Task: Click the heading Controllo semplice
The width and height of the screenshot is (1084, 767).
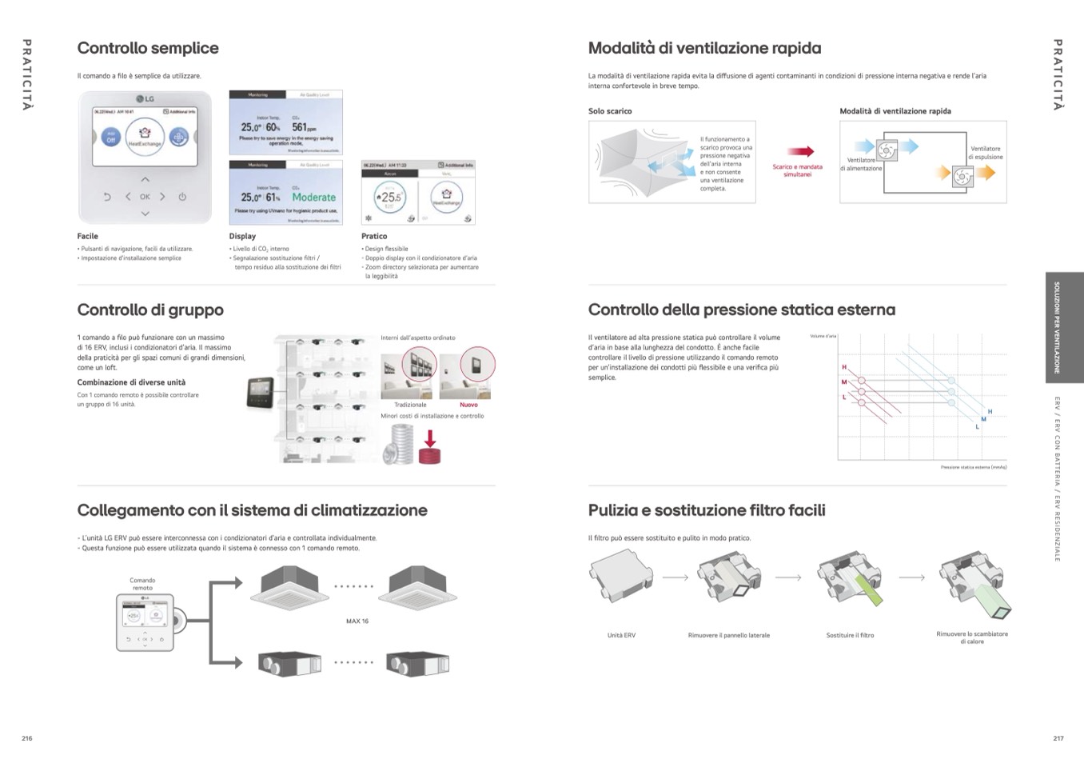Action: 148,48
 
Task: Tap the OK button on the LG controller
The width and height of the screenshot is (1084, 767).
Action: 145,197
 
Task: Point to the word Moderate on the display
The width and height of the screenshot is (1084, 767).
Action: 313,198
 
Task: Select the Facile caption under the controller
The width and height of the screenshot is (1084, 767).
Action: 88,237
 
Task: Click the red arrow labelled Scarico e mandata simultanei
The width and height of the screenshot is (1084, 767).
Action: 799,151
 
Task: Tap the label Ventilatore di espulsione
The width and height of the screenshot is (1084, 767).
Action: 985,153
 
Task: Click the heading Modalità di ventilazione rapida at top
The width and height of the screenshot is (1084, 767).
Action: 704,48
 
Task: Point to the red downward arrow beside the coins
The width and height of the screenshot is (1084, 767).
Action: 430,439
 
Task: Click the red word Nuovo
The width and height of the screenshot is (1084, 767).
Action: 468,405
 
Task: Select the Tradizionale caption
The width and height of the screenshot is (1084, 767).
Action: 410,405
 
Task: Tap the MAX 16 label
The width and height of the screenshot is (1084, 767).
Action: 357,621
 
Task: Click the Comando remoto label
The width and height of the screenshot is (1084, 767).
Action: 142,584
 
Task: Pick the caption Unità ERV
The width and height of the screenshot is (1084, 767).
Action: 621,636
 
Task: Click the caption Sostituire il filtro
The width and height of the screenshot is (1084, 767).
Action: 850,636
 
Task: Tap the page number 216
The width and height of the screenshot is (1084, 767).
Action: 27,738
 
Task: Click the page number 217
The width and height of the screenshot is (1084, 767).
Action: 1058,738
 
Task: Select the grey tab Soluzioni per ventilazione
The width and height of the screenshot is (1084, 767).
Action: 1057,327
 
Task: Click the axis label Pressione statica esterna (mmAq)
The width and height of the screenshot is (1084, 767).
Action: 973,467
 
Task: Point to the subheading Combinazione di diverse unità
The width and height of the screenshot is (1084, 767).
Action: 131,382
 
